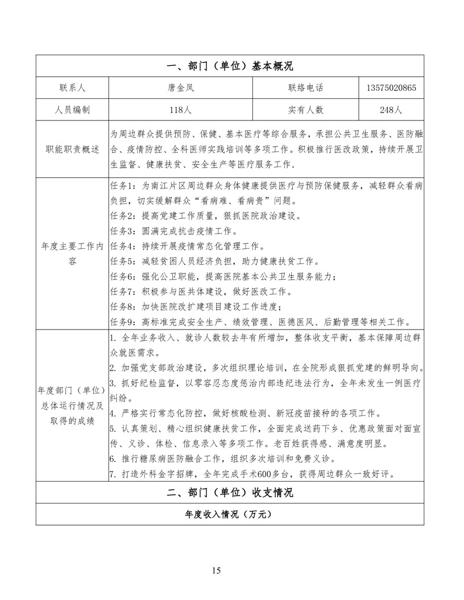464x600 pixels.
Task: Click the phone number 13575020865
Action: pos(391,88)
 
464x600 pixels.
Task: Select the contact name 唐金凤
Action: pos(180,88)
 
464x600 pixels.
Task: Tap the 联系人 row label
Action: pos(72,88)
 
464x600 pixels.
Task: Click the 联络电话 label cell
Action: pos(305,88)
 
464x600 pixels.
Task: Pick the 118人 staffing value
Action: pos(180,110)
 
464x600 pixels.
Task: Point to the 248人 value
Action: pos(391,110)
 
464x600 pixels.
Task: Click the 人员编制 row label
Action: pos(72,110)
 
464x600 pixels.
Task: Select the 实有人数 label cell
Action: pos(305,110)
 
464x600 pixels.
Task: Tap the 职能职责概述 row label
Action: pos(72,149)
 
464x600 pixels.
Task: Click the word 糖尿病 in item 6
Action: pos(152,459)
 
